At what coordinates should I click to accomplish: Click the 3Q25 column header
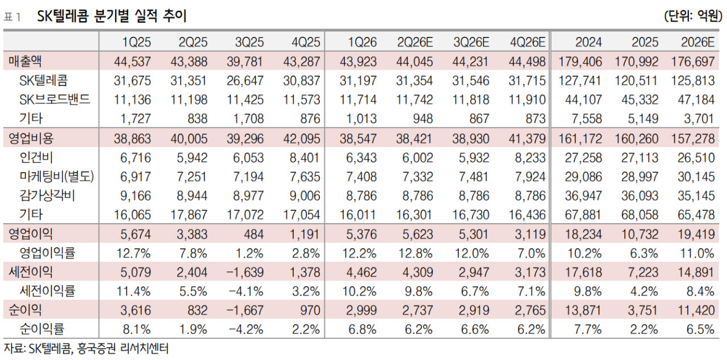(249, 42)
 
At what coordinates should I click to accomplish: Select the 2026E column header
(697, 42)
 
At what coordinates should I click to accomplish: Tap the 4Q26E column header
(528, 42)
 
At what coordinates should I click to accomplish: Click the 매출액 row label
(25, 61)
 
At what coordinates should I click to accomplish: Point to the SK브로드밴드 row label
(55, 99)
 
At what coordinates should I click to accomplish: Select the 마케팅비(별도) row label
(56, 177)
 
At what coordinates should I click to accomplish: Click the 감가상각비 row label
(47, 195)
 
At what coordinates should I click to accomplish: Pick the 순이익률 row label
(42, 329)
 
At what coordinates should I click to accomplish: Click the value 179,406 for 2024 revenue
(580, 62)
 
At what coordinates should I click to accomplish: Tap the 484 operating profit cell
(253, 234)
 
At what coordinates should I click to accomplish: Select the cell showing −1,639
(245, 273)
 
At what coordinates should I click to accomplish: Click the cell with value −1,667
(245, 311)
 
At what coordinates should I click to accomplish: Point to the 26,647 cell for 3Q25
(245, 81)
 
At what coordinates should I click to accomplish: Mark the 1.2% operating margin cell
(249, 253)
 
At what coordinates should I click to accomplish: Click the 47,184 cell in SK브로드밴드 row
(696, 100)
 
